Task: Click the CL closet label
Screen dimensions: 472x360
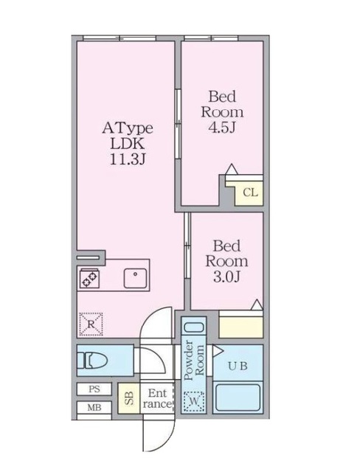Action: point(251,193)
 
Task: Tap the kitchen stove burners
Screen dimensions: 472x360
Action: point(89,278)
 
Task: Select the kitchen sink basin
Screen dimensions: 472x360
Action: point(135,278)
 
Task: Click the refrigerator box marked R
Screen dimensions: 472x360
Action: point(91,322)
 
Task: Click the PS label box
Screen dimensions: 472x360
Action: point(94,389)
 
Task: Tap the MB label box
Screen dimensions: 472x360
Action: point(94,407)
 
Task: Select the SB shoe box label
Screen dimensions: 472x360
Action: point(128,399)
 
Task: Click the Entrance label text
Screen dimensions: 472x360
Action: point(156,399)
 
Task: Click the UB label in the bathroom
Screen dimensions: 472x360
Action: point(238,367)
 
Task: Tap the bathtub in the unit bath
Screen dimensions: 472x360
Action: point(238,399)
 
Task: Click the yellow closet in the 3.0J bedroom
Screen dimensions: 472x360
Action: point(241,325)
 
